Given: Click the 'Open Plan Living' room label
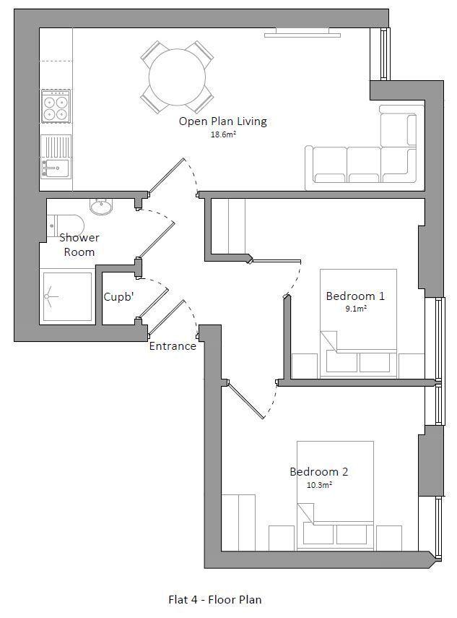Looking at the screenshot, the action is coord(223,121).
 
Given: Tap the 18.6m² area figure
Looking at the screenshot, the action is coord(224,134).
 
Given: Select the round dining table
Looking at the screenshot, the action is coord(177,77).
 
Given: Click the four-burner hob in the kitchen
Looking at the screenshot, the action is coord(56,106).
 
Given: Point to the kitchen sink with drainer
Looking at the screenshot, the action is coord(56,157).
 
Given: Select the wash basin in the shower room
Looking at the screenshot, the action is coord(101,207).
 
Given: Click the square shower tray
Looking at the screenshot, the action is coord(67,296).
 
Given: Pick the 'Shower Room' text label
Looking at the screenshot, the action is coord(79,245).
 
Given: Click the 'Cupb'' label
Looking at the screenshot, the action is coord(118,297).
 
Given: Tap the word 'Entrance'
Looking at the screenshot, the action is coord(173,346).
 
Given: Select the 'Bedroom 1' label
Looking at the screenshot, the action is coord(355,296).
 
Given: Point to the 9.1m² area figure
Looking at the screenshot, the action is coord(356,309).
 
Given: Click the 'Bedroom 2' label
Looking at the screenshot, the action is coord(319,471).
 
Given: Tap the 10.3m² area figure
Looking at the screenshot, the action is coord(319,485).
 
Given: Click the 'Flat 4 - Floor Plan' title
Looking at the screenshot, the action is coord(215,599).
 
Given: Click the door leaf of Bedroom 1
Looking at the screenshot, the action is coord(277,261).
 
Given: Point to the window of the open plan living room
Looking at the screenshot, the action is coord(385,54).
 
